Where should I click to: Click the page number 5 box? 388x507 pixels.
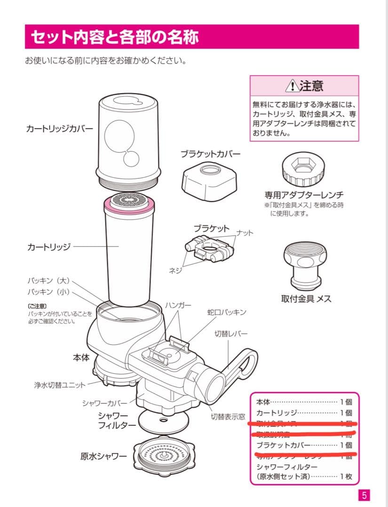(364, 495)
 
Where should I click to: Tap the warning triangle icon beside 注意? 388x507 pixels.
(292, 86)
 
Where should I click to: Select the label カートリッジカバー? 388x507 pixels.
(59, 128)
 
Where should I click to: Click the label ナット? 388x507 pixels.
(245, 233)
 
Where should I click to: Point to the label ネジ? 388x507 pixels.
(175, 271)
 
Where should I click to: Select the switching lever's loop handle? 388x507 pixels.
(247, 361)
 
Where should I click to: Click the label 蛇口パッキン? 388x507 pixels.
(227, 312)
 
